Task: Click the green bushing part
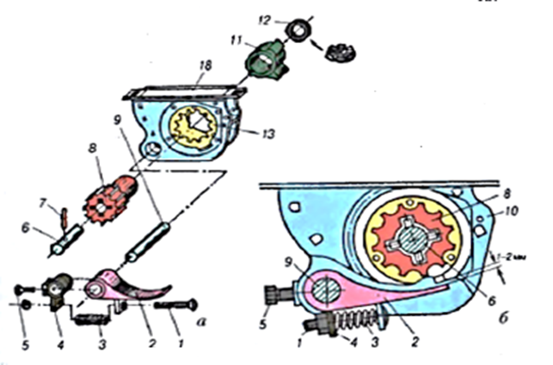click(266, 59)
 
